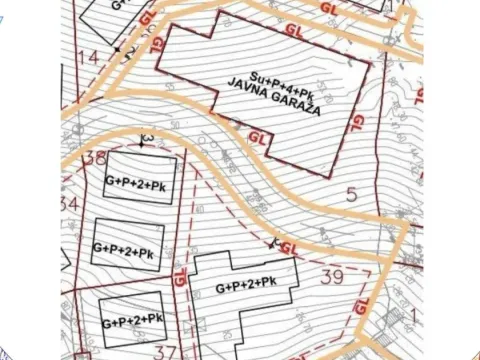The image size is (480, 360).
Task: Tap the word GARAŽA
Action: point(295,106)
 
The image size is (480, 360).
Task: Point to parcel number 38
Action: point(95,157)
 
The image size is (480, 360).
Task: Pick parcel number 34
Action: point(69,204)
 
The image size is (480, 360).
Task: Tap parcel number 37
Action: point(166,351)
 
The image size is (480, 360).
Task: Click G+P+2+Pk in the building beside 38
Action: point(140,182)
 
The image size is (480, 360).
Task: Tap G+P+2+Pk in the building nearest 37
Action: point(133,320)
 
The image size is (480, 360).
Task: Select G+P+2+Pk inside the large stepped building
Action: point(246,286)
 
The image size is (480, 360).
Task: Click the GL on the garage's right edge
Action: point(357,123)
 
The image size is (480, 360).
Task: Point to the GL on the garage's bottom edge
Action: point(257,136)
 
